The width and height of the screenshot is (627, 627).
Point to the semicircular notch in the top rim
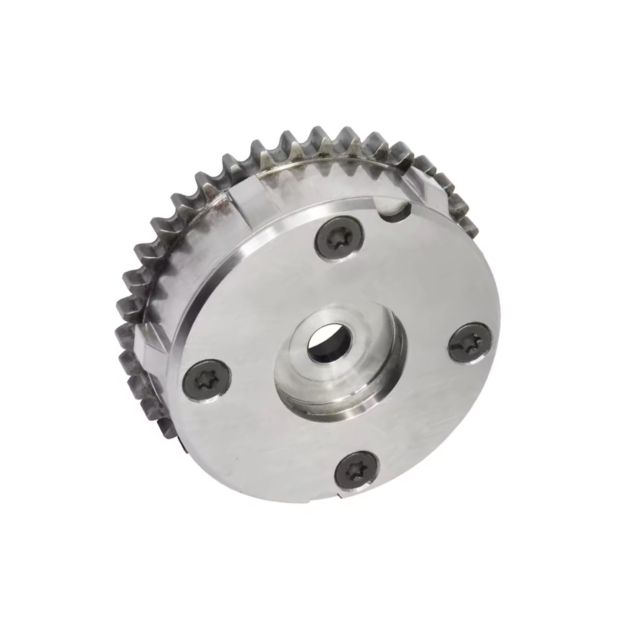(393, 209)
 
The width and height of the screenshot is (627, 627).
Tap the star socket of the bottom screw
(355, 469)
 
